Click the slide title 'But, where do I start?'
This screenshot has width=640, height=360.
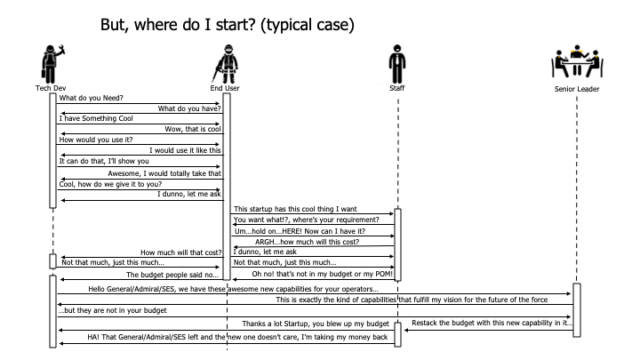[228, 26]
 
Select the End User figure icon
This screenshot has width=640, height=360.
[225, 64]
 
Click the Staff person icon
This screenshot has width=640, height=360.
[397, 64]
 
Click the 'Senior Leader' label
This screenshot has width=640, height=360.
[577, 89]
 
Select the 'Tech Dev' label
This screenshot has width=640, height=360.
[50, 89]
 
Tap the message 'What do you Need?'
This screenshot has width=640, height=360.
[92, 98]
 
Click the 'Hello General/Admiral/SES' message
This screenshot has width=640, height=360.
[233, 289]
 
